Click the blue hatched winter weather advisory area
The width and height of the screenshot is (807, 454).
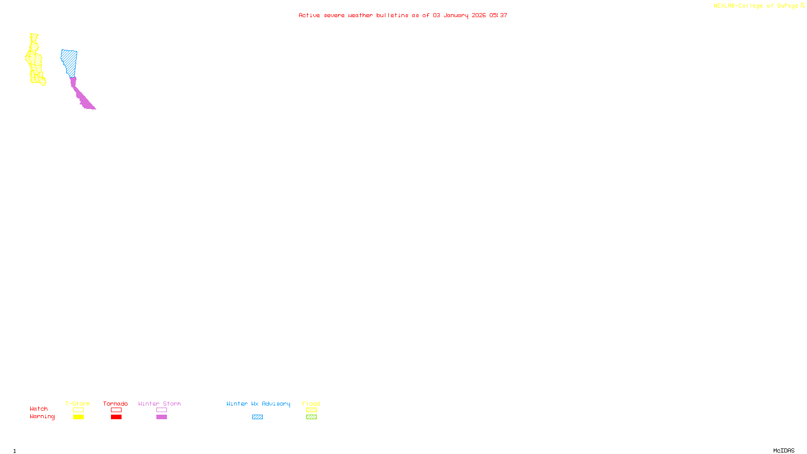70,62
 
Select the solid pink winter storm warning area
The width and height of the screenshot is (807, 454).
82,98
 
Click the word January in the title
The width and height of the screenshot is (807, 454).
456,15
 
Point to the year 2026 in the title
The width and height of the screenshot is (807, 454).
479,15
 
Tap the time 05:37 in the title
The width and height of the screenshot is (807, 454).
498,15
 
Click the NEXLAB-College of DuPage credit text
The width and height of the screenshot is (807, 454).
756,6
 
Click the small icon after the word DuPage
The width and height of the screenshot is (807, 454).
802,6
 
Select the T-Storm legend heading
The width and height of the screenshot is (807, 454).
78,404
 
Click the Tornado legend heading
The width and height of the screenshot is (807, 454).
116,404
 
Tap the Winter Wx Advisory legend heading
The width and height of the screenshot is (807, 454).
258,404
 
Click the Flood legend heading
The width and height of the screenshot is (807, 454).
311,404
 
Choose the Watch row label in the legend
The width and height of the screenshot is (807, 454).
39,409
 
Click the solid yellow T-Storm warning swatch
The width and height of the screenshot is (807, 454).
78,417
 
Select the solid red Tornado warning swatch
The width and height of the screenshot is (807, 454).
116,417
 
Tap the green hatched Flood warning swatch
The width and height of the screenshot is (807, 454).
311,417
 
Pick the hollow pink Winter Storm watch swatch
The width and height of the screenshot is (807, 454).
161,410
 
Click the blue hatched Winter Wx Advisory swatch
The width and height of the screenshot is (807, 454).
257,417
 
